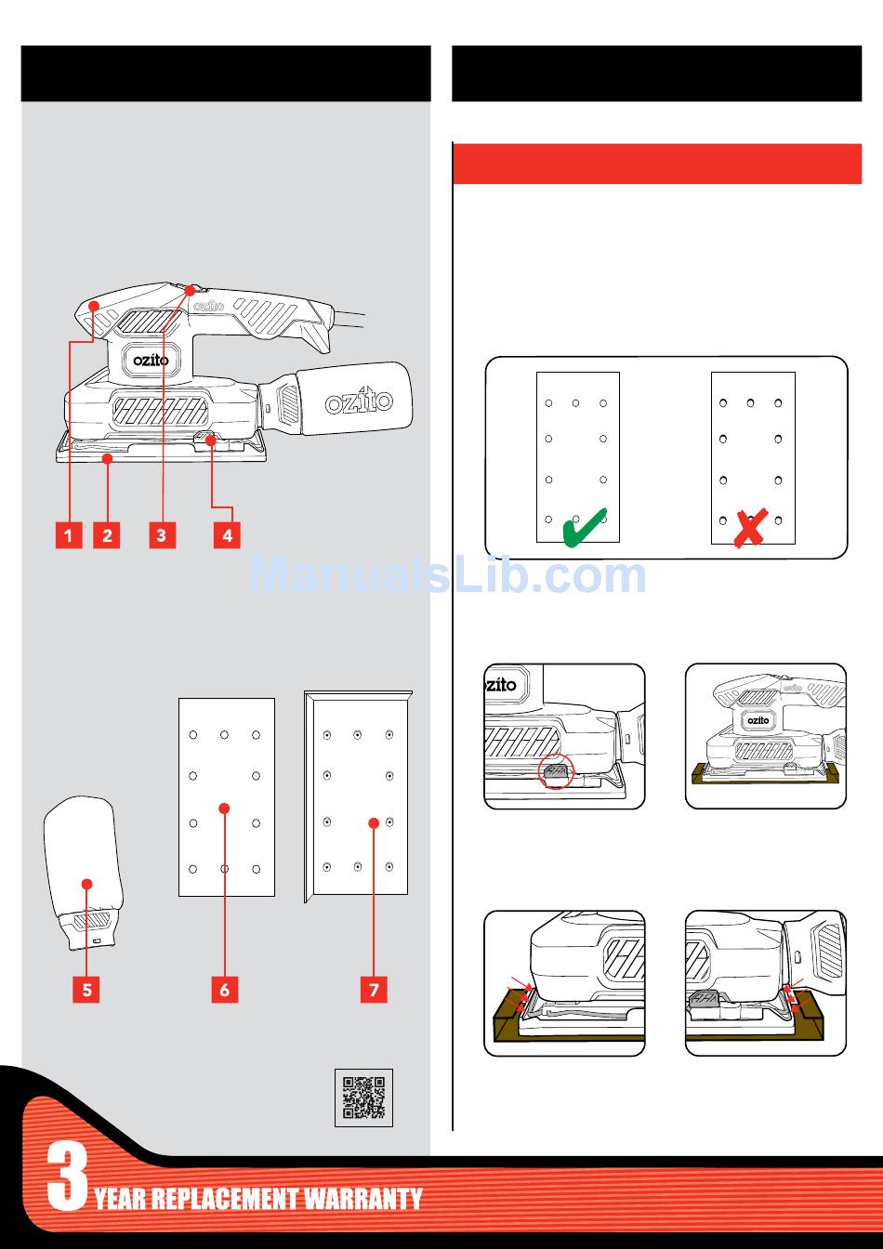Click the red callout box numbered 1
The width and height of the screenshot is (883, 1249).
[69, 535]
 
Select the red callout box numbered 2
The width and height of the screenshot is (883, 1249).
[107, 535]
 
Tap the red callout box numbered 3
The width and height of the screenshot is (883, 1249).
[163, 535]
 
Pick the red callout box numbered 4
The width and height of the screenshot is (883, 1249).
[227, 535]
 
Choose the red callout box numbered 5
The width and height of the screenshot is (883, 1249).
[86, 990]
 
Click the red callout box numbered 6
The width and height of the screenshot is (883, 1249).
[225, 990]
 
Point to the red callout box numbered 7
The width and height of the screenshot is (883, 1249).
[374, 990]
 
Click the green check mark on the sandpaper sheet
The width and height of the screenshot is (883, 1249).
[585, 528]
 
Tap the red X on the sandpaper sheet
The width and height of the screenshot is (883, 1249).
[750, 528]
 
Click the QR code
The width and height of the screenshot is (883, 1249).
[363, 1098]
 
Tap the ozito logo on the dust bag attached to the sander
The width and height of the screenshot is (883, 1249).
[359, 401]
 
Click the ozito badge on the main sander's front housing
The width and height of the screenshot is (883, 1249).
[151, 361]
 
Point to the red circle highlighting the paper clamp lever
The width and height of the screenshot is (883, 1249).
[556, 770]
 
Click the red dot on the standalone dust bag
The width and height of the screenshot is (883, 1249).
[86, 884]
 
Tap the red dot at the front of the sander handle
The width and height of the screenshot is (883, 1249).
[94, 306]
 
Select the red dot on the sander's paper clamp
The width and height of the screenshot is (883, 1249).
[211, 440]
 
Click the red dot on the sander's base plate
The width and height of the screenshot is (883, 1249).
[108, 458]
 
